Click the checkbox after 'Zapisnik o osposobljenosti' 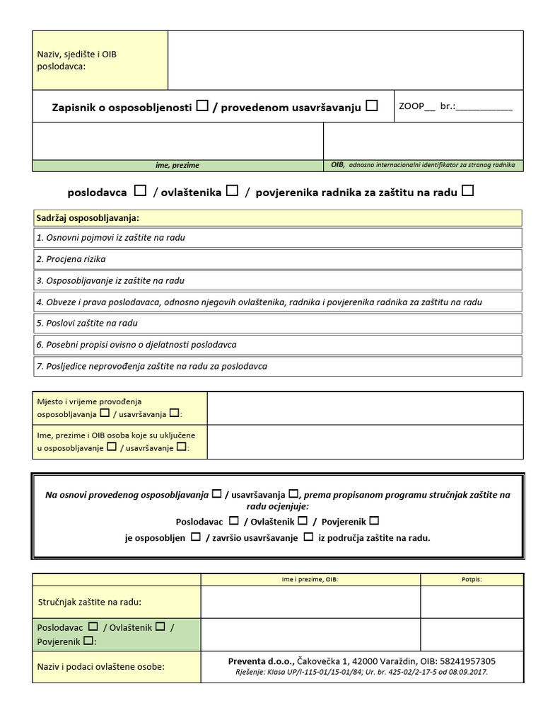pyautogui.click(x=202, y=106)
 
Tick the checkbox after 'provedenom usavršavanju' pyautogui.click(x=372, y=106)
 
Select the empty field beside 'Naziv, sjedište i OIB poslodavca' pyautogui.click(x=346, y=60)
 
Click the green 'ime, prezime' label pyautogui.click(x=177, y=166)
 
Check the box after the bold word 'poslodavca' pyautogui.click(x=141, y=190)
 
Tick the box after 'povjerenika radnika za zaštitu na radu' pyautogui.click(x=467, y=190)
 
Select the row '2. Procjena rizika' pyautogui.click(x=277, y=259)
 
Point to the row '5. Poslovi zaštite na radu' pyautogui.click(x=277, y=323)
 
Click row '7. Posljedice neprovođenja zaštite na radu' pyautogui.click(x=277, y=366)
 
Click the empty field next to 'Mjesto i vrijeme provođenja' pyautogui.click(x=365, y=408)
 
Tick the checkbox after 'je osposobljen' pyautogui.click(x=195, y=537)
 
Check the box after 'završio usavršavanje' pyautogui.click(x=308, y=537)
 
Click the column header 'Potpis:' pyautogui.click(x=472, y=579)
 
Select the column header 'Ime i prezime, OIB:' pyautogui.click(x=310, y=579)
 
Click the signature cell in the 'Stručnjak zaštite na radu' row pyautogui.click(x=472, y=602)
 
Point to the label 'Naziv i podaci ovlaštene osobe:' pyautogui.click(x=101, y=666)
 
